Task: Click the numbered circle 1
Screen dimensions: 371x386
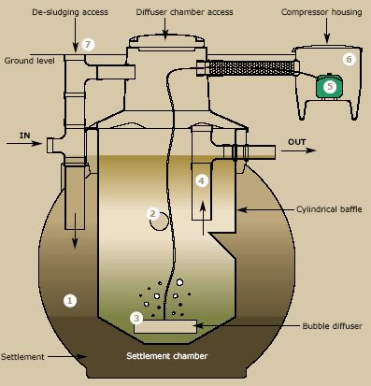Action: pos(70,301)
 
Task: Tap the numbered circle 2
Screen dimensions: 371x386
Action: pos(152,214)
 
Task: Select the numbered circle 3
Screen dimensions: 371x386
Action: pos(136,318)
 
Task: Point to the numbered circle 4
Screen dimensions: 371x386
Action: pos(202,180)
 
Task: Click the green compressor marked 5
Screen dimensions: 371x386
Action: pos(330,86)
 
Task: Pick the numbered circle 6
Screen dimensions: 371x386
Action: pos(349,59)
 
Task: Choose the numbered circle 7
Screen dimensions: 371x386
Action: pos(88,45)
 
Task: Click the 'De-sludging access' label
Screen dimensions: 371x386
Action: pos(70,12)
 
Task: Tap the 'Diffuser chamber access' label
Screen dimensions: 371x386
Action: pos(184,12)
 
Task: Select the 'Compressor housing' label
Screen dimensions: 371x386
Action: pos(321,12)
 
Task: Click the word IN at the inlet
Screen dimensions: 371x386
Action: pos(25,136)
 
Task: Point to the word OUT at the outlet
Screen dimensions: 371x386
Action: pos(297,142)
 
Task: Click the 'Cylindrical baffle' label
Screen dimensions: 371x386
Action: pos(329,209)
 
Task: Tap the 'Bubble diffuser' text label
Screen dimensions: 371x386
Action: pos(333,326)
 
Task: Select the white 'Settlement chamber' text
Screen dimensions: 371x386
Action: pos(167,356)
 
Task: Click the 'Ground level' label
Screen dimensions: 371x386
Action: pos(30,61)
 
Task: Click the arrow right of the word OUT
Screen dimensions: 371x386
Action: pos(299,150)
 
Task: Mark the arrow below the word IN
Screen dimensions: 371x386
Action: pos(24,143)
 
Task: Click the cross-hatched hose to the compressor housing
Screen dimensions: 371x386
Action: pos(250,67)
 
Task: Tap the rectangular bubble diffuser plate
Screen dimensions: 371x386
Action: pos(165,326)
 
